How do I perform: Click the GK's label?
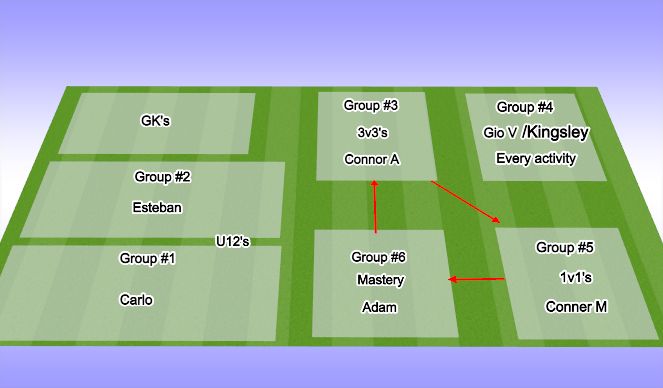156,122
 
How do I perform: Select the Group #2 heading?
162,178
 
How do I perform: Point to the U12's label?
232,241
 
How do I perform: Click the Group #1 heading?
148,259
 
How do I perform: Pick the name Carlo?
136,299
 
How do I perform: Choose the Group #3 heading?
371,105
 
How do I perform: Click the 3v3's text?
371,131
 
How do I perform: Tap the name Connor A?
371,158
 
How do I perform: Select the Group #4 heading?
525,107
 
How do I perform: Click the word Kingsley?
557,131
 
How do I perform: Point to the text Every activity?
536,158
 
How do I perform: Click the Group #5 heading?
564,247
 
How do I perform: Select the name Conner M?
576,307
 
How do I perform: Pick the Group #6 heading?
379,257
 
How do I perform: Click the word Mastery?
380,280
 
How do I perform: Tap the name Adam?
379,307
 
